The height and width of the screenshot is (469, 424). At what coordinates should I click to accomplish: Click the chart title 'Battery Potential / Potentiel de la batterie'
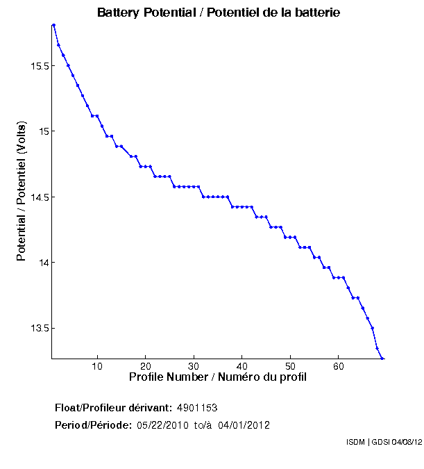[219, 13]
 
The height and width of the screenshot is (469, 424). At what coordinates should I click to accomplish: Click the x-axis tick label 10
[97, 366]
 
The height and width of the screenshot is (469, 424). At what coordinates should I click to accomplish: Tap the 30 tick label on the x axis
[194, 366]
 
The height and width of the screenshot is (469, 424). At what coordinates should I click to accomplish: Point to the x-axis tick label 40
[241, 366]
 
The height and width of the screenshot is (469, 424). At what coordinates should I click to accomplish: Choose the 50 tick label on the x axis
[289, 366]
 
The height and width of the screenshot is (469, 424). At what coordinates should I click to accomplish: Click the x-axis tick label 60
[338, 366]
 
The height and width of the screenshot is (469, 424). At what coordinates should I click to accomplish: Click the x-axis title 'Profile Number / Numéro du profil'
[218, 377]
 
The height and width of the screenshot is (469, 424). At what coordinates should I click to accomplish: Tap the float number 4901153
[198, 407]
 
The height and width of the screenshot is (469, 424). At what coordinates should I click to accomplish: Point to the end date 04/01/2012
[244, 425]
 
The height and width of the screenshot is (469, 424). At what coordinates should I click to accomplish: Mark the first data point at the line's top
[53, 25]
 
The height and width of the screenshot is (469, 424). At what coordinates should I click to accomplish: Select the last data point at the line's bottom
[382, 358]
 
